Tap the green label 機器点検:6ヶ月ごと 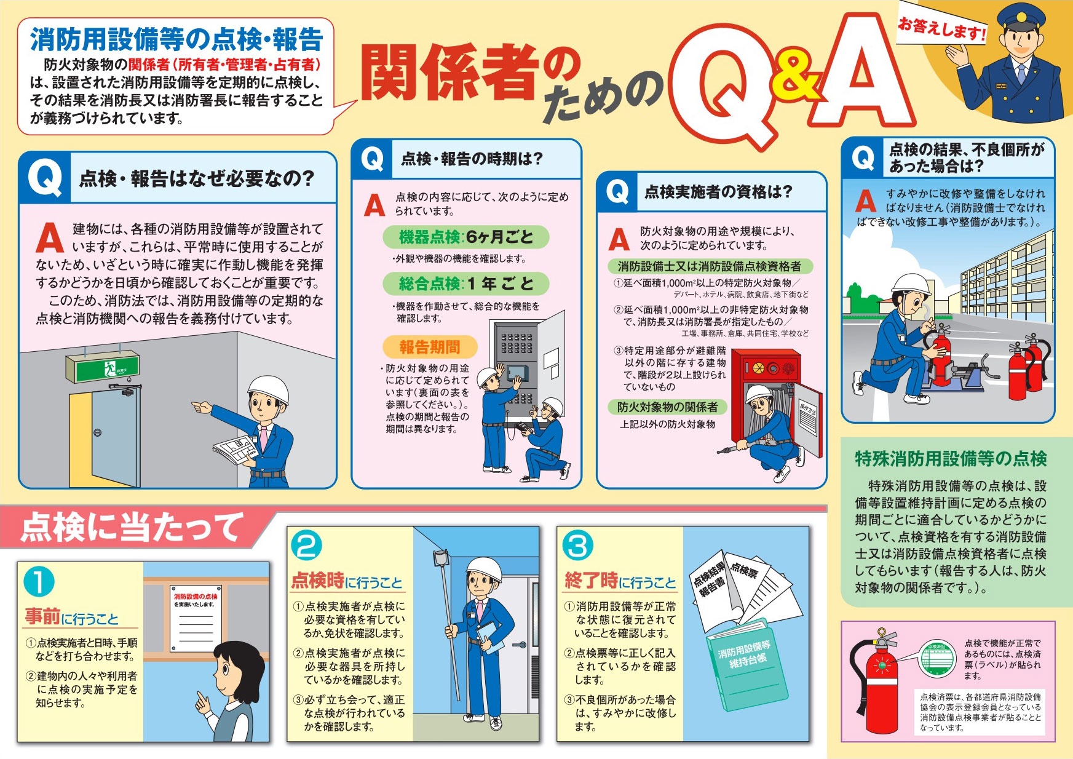click(465, 237)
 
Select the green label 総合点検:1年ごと click(465, 284)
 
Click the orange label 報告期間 click(429, 348)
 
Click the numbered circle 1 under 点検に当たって click(39, 582)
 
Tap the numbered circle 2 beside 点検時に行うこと click(306, 546)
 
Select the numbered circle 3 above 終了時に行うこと click(577, 546)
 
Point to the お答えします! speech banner click(941, 28)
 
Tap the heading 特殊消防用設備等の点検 click(951, 459)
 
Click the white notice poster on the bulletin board click(196, 618)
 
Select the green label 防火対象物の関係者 click(667, 407)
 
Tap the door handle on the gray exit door click(97, 432)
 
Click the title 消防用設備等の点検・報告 click(176, 40)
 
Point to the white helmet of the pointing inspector click(268, 389)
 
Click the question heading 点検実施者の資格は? click(718, 192)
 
